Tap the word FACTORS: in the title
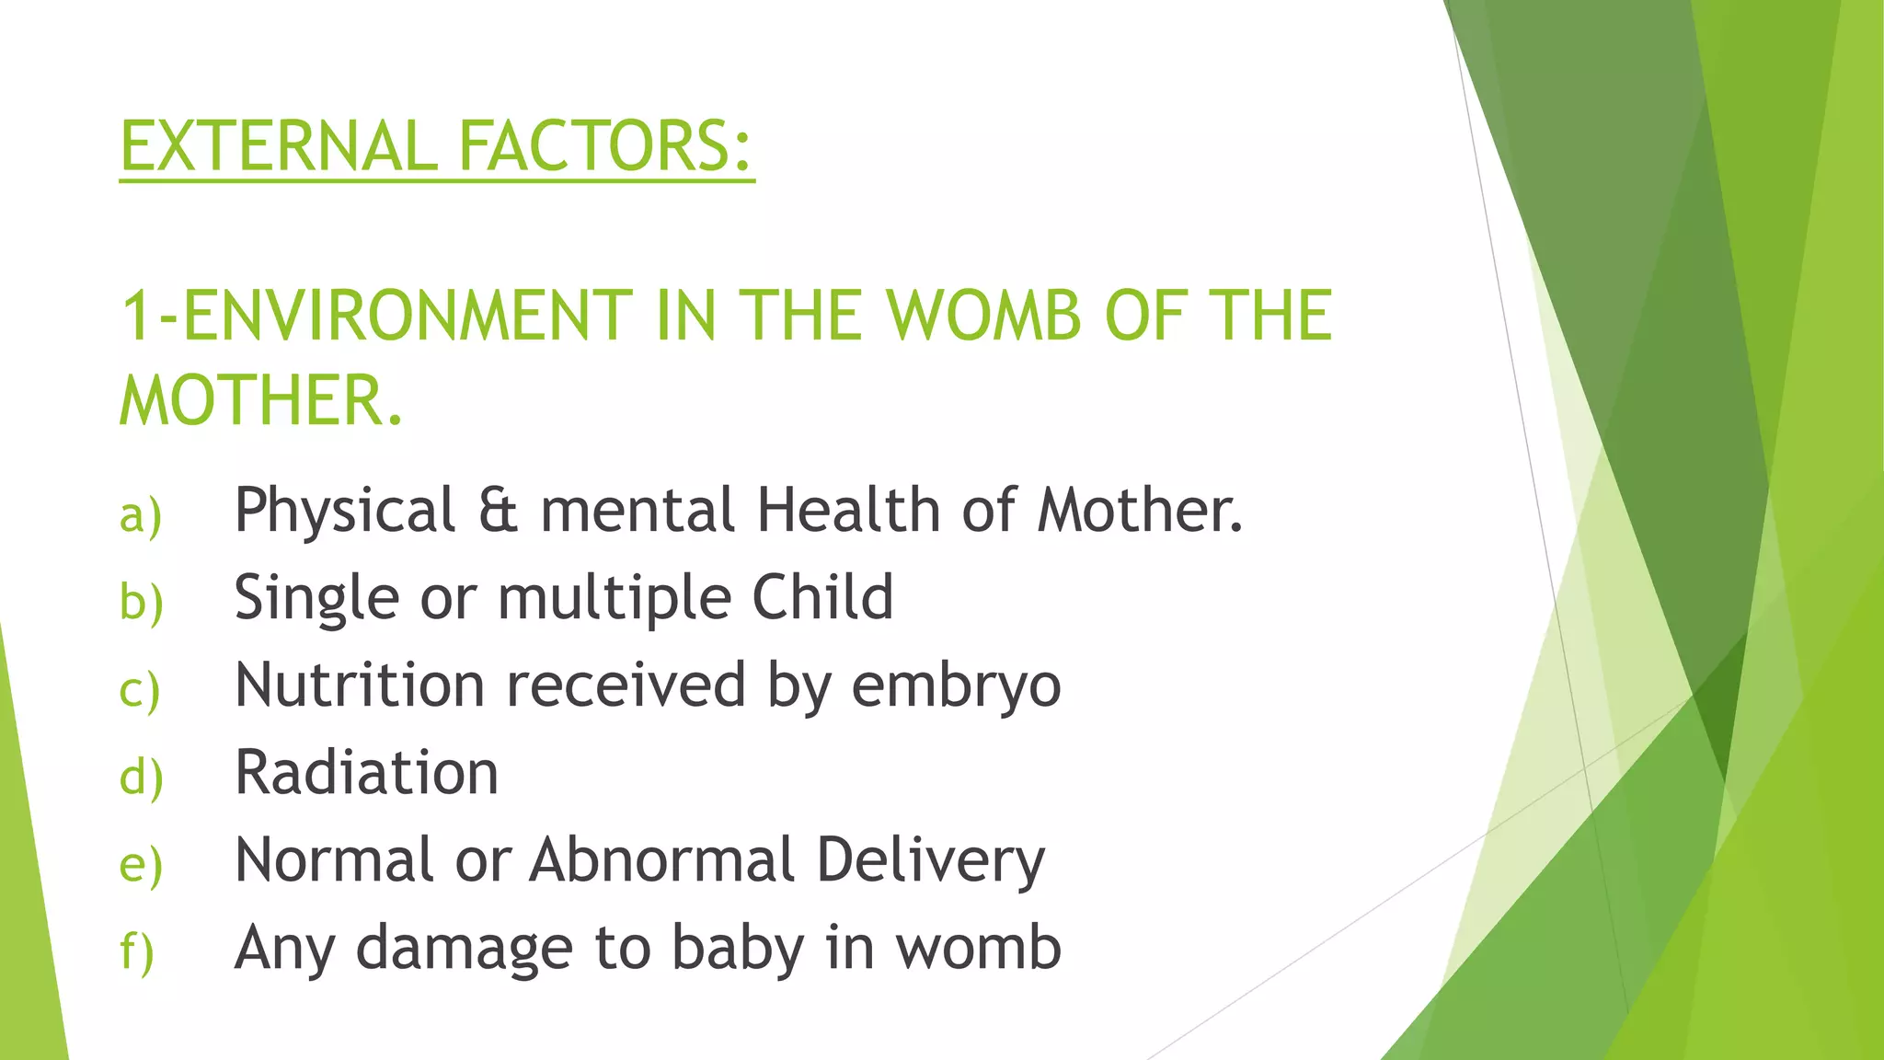605,146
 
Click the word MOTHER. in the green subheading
261,401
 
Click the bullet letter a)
141,515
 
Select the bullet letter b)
141,602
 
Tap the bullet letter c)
140,690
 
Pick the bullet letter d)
141,777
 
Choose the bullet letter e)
141,864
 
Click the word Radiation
366,772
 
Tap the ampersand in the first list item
498,511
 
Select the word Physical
345,511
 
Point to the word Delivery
930,860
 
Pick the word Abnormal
661,859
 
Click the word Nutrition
360,685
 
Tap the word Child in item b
822,597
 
